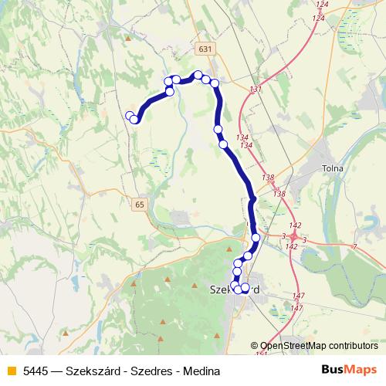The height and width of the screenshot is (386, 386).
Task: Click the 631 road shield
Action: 204,49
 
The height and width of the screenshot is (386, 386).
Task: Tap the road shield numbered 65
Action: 138,205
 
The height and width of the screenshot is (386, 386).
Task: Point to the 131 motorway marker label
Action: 256,90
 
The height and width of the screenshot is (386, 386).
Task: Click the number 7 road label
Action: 354,246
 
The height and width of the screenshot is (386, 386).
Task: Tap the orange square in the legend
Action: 11,370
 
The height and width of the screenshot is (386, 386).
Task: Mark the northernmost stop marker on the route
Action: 198,75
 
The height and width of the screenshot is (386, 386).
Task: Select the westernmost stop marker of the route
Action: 130,116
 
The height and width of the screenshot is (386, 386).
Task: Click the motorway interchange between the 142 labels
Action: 294,235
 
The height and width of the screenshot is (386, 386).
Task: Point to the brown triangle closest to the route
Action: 230,249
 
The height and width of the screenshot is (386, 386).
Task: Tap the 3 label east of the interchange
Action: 304,240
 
